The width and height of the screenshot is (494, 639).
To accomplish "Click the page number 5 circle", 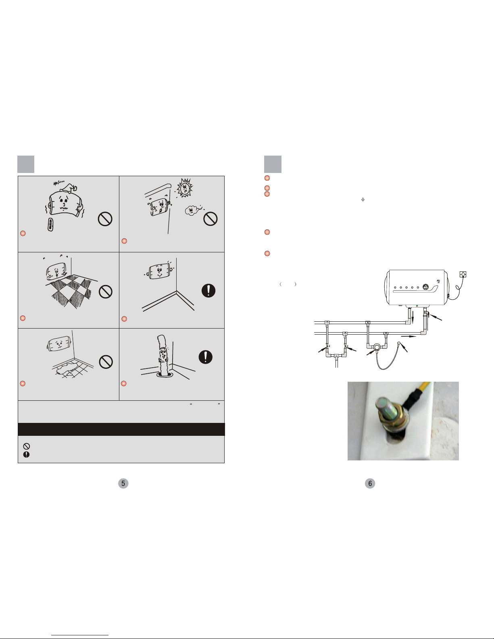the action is point(123,483).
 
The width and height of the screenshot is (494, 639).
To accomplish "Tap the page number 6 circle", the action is point(370,483).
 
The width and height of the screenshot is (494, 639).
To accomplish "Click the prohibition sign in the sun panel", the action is point(211,219).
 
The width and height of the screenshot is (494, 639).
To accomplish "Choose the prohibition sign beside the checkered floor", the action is point(106,292).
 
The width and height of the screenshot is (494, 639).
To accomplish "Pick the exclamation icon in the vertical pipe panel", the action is point(206,357).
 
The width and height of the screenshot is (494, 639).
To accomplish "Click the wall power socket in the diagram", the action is point(463,275).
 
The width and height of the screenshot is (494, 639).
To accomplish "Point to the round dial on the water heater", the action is point(425,287).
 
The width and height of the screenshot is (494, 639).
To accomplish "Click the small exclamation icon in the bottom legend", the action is point(26,454).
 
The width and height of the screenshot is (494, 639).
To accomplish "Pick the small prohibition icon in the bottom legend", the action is point(26,446).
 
